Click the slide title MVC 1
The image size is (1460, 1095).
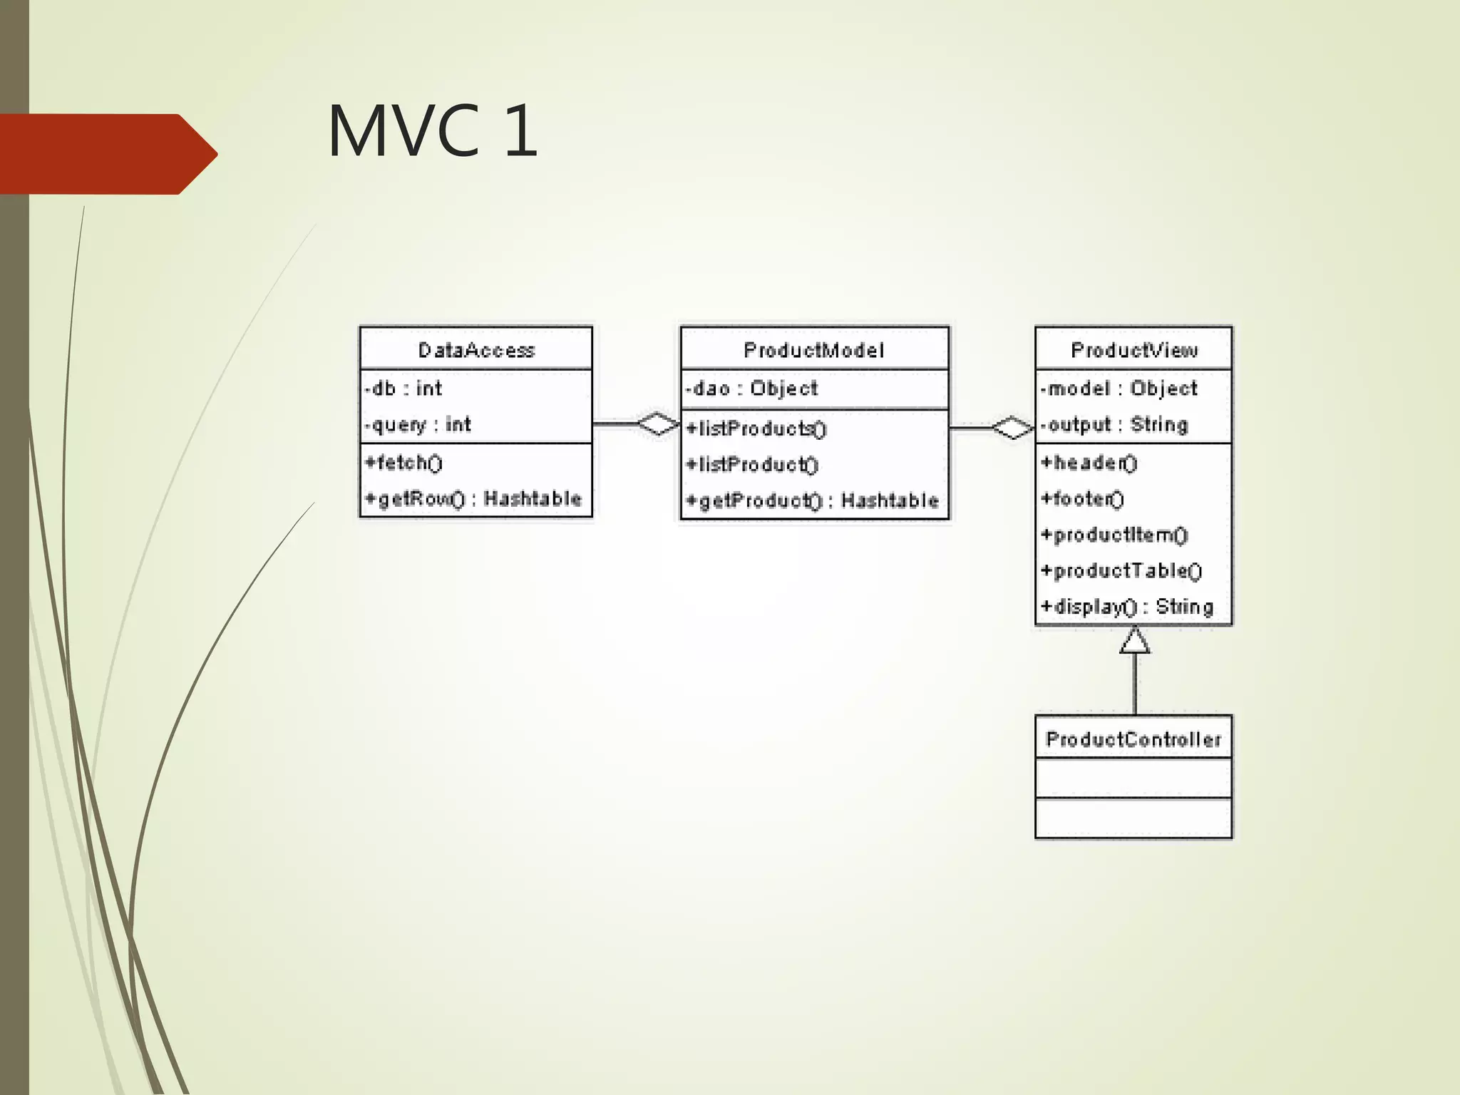tap(432, 131)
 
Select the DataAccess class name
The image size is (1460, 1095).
tap(476, 350)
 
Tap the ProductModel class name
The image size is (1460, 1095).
tap(813, 350)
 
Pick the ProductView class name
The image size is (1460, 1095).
tap(1133, 350)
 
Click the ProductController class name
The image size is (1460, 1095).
tap(1133, 739)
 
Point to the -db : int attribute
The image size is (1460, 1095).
tap(403, 389)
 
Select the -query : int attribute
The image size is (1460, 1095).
tap(418, 425)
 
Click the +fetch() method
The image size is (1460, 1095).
tap(403, 463)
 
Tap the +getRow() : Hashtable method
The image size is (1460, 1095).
tap(473, 498)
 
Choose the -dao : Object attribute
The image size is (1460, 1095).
tap(751, 389)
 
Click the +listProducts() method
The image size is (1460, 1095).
tap(756, 428)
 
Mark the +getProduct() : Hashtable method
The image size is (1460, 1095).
tap(812, 500)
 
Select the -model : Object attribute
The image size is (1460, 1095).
tap(1119, 389)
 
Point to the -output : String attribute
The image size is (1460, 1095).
tap(1114, 425)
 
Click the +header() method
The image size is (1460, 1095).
tap(1089, 463)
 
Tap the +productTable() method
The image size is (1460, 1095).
tap(1121, 570)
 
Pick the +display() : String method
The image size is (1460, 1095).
tap(1126, 607)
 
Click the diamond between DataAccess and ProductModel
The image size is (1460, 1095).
tap(658, 423)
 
